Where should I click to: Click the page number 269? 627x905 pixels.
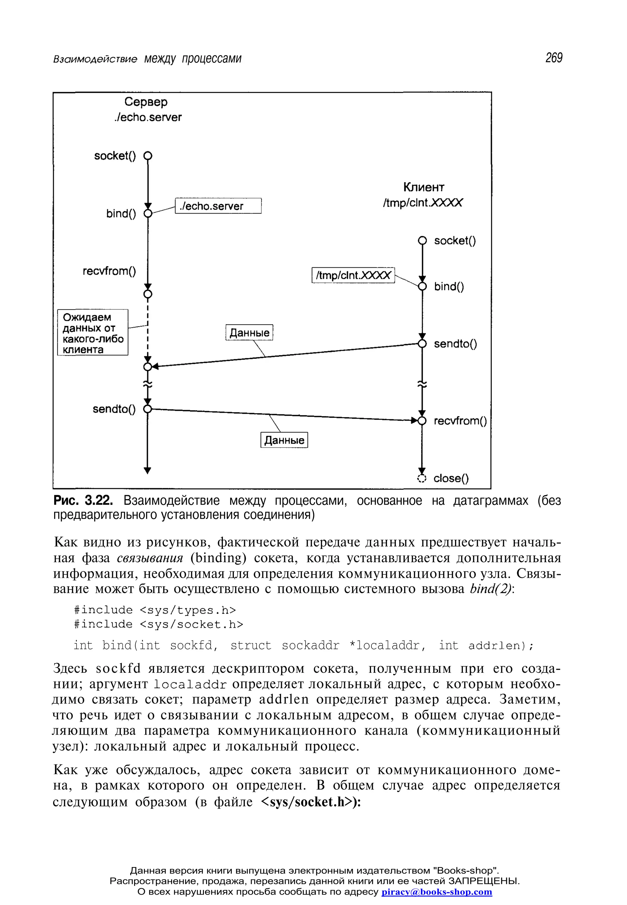click(554, 58)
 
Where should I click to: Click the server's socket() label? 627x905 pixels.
click(115, 156)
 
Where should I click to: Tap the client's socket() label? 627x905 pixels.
click(455, 240)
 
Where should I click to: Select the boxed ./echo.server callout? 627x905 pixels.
click(218, 206)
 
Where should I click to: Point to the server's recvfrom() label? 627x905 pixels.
click(109, 271)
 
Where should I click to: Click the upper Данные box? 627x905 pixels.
click(249, 333)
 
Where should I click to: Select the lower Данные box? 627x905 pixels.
click(284, 440)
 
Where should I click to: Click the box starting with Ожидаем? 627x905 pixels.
click(93, 333)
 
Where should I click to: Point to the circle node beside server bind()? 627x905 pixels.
click(148, 214)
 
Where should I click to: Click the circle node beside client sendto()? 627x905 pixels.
click(422, 344)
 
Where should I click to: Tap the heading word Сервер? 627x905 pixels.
click(146, 102)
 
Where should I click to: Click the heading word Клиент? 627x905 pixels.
click(423, 187)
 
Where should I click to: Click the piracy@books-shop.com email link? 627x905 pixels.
click(437, 892)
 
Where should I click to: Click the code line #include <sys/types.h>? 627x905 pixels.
click(155, 610)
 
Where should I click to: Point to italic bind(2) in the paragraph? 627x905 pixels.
click(491, 589)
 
